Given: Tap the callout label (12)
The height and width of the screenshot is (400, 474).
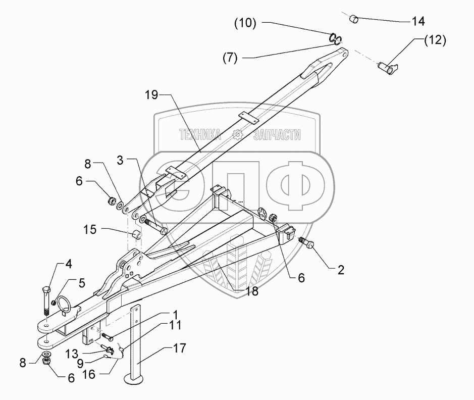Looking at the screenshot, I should pyautogui.click(x=435, y=41).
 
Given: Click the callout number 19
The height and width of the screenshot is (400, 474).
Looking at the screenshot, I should pyautogui.click(x=151, y=94).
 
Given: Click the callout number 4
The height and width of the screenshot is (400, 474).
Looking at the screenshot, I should pyautogui.click(x=68, y=264).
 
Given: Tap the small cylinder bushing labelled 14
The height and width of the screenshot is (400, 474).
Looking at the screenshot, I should pyautogui.click(x=354, y=19).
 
